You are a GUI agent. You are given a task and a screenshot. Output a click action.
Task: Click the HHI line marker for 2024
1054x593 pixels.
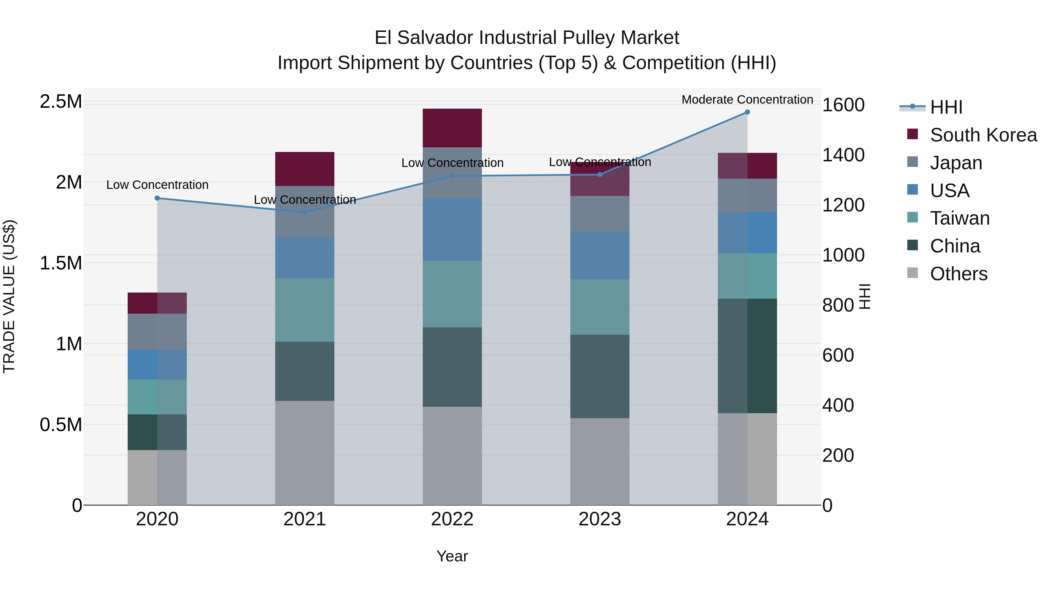coord(747,112)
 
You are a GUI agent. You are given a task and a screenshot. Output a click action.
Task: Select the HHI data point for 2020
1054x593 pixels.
coord(157,198)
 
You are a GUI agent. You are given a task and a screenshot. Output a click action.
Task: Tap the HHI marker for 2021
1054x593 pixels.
coord(304,212)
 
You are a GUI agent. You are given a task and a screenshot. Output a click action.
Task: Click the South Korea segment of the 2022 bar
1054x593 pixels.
coord(452,128)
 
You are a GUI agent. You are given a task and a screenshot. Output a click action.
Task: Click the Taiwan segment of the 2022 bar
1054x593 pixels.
coord(452,293)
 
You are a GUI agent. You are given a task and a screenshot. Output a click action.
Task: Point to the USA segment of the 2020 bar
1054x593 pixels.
coord(157,364)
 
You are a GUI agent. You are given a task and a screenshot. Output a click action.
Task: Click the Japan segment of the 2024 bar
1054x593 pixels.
coord(747,195)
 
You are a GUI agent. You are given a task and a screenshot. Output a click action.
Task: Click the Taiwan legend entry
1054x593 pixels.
coord(959,218)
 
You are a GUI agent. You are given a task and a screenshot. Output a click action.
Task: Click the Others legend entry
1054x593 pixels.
coord(958,274)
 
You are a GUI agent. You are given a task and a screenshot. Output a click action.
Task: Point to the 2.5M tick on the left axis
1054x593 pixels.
coord(61,102)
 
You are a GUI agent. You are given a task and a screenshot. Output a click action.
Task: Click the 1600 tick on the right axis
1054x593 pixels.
coord(843,105)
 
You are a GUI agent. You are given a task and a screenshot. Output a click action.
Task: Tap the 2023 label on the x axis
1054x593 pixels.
coord(599,519)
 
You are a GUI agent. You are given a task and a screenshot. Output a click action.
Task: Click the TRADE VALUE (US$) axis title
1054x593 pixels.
coord(9,296)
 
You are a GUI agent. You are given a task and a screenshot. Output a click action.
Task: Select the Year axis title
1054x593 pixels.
coord(452,556)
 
